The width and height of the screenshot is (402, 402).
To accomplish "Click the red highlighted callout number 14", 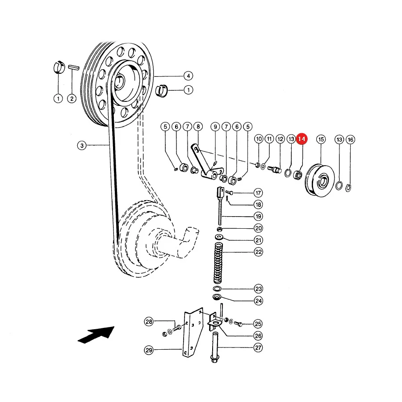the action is point(301,139).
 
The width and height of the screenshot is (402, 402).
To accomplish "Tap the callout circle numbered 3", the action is point(82,146).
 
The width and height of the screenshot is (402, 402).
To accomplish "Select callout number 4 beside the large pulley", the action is point(188,76).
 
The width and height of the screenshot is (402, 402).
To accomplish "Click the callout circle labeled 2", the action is point(72,99).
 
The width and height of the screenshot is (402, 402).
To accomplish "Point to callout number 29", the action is point(149,350).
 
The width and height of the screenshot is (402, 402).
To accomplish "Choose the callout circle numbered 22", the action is point(259,252).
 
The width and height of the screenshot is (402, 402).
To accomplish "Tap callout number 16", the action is point(351,140).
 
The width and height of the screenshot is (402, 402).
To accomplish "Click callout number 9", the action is point(215,127).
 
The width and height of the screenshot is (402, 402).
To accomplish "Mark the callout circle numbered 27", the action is point(258,348).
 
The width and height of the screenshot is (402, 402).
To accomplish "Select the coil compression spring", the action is point(218,263).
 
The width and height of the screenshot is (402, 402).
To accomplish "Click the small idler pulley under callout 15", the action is point(320,181).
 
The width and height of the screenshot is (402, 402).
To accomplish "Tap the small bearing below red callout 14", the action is point(297,175).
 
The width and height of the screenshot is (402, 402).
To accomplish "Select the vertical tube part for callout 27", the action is point(215,347).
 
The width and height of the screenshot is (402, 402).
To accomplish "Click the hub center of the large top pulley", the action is point(119,82).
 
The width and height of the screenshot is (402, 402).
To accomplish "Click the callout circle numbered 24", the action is point(259,301).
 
